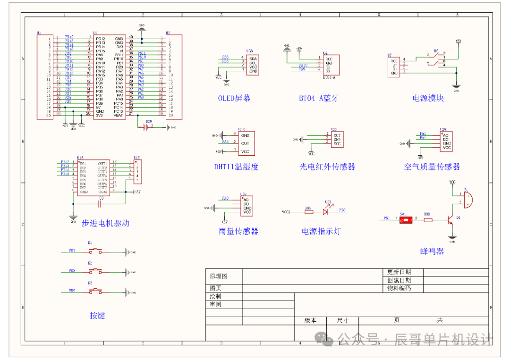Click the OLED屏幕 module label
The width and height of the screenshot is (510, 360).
pos(234,98)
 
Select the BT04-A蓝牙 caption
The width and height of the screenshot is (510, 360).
pos(319,98)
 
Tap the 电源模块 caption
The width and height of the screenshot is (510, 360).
pos(428,98)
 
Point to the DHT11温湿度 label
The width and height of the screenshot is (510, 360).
pos(236,167)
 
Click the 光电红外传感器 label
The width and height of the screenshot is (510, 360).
pos(327,167)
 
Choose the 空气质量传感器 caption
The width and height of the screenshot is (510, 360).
pos(432,167)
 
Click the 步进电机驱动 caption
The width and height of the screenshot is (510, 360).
pos(105,223)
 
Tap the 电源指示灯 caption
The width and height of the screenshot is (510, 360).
pos(321,231)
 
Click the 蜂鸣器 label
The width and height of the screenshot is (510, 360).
pos(432,251)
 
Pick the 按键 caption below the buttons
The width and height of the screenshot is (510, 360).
pos(97,316)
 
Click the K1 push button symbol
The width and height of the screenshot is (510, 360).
pos(96,251)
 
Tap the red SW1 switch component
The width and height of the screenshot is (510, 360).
pos(406,220)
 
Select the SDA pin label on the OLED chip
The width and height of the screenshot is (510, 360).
pos(253,58)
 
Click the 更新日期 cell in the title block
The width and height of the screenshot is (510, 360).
pos(399,272)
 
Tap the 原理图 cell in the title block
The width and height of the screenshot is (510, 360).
pos(219,276)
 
